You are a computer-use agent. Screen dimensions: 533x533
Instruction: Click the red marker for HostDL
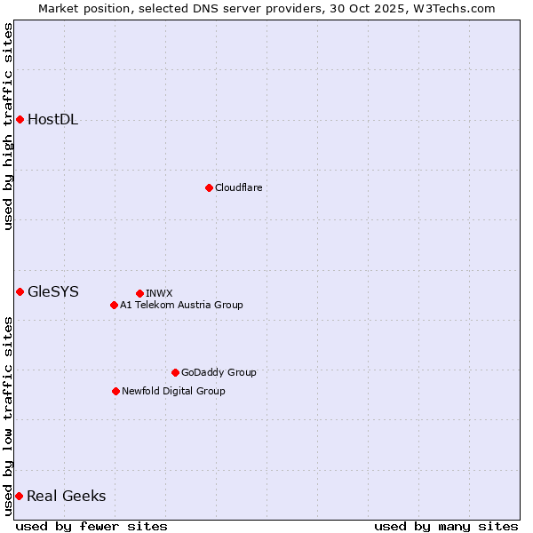click(x=20, y=119)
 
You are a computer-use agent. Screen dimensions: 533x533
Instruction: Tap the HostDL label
click(x=52, y=120)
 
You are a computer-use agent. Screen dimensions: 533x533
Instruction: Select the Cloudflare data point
click(x=209, y=187)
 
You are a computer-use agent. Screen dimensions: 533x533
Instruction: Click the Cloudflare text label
click(x=238, y=187)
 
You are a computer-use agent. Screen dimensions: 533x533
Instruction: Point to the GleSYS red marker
click(x=20, y=291)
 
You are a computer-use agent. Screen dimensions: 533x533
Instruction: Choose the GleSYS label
click(x=52, y=291)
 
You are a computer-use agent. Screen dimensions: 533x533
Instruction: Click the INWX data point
click(x=139, y=293)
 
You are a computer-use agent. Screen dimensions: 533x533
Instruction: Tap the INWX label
click(x=159, y=293)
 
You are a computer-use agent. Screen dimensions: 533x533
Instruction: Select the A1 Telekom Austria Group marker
click(x=114, y=305)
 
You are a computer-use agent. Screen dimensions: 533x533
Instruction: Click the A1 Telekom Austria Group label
click(x=181, y=305)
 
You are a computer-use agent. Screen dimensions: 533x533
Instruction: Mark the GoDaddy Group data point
click(x=175, y=372)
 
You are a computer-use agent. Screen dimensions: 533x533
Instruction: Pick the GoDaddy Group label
click(x=219, y=372)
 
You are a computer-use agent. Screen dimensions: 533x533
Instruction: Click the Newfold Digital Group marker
click(x=115, y=391)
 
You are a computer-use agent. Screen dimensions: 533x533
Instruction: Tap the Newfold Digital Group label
click(x=173, y=391)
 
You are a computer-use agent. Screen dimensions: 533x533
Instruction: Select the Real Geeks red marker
click(x=19, y=496)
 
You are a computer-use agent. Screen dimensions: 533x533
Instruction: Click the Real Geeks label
click(x=66, y=497)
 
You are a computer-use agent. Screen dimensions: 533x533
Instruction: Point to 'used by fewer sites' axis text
click(x=91, y=526)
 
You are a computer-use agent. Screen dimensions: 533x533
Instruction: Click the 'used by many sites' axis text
click(x=446, y=526)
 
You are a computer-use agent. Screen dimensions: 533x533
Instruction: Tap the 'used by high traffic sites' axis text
click(x=8, y=126)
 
